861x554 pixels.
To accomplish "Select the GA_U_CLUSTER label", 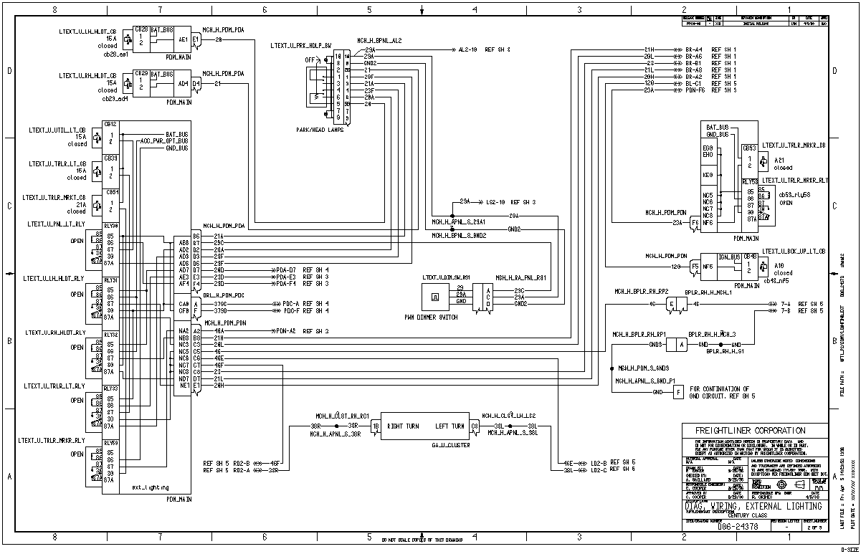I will (431, 444).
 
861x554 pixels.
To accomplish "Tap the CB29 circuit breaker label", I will (141, 73).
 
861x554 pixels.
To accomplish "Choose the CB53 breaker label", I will (748, 148).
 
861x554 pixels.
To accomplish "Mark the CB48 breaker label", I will (750, 256).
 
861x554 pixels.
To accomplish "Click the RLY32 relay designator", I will (110, 334).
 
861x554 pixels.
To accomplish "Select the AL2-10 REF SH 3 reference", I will (483, 50).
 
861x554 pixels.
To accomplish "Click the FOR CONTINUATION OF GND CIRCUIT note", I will (720, 392).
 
